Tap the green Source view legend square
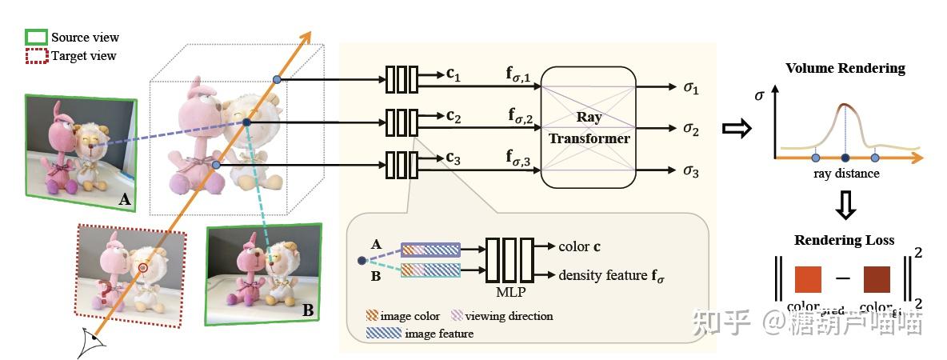click(x=37, y=37)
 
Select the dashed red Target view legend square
click(x=37, y=56)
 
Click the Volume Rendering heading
click(x=845, y=68)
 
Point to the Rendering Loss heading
click(x=845, y=240)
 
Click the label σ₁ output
click(x=690, y=88)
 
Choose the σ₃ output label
click(x=690, y=170)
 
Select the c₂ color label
click(x=454, y=117)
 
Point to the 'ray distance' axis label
click(x=845, y=174)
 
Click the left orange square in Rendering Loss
click(x=809, y=280)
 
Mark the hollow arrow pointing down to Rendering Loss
click(x=845, y=208)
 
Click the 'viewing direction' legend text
click(x=509, y=316)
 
